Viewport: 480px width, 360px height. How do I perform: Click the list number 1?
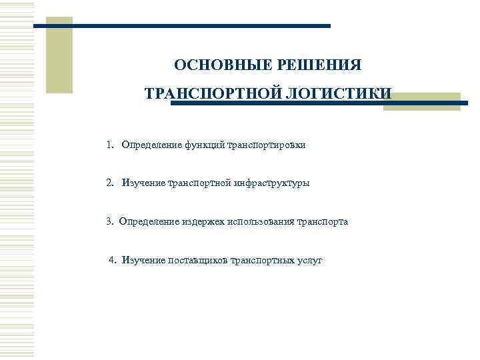109,145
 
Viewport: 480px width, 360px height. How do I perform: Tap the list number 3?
109,221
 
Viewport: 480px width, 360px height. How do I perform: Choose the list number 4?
112,260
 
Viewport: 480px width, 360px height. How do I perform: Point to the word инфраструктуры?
272,183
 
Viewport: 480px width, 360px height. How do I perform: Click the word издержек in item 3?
201,221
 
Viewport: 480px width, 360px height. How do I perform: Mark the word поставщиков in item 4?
197,260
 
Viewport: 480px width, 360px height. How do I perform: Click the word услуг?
309,260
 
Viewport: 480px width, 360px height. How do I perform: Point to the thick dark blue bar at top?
182,26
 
